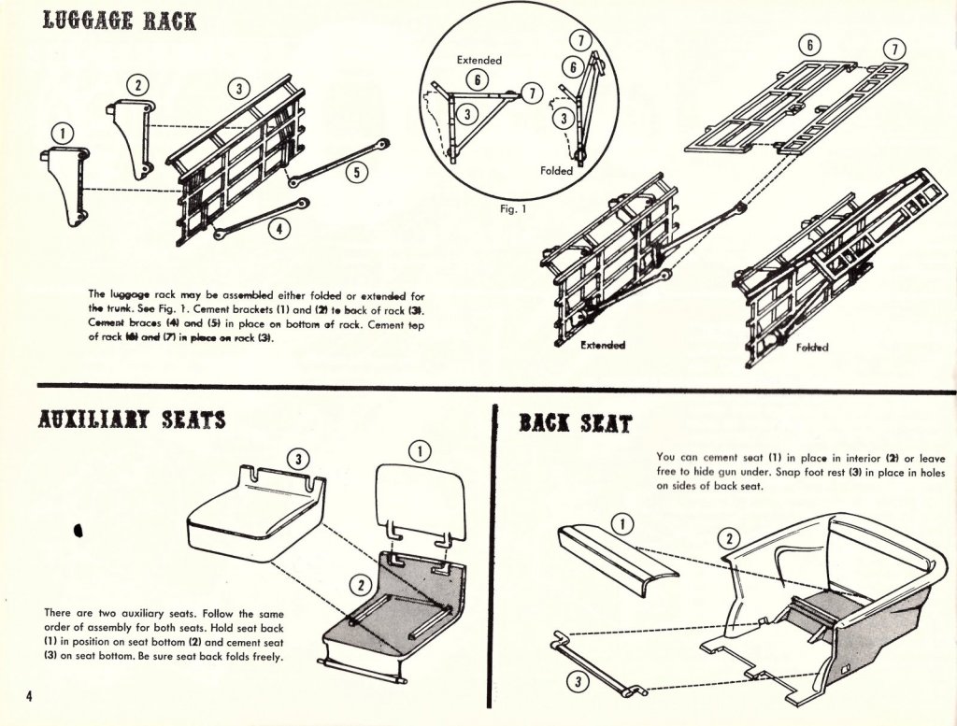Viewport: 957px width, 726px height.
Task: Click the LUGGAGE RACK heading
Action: click(119, 20)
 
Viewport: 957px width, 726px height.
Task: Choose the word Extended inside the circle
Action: click(478, 60)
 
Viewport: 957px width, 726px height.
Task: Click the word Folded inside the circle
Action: click(557, 171)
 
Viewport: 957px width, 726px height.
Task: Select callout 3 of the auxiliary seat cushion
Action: click(296, 458)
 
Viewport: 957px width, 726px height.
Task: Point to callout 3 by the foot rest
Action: click(579, 682)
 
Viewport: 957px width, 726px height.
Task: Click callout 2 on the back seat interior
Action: click(729, 538)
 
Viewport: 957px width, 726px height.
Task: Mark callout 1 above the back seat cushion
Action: click(623, 522)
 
